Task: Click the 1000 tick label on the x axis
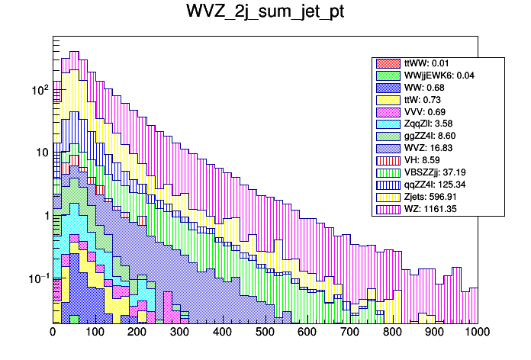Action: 478,333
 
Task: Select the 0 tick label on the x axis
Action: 53,333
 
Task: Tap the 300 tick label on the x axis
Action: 180,333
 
